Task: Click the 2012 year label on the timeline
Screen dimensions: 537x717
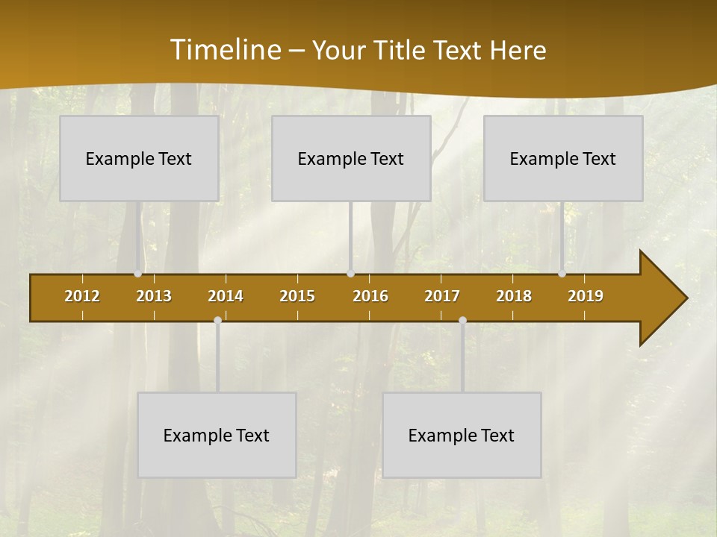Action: click(x=82, y=296)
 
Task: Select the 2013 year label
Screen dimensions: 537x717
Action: click(x=154, y=296)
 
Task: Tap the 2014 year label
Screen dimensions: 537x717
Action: click(x=226, y=296)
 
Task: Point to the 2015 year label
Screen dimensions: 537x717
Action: click(x=297, y=296)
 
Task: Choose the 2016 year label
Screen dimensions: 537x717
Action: click(x=370, y=296)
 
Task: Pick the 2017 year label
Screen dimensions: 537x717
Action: click(x=442, y=296)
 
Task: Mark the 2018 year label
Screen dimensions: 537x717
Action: click(x=514, y=296)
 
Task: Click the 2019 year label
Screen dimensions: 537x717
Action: click(x=586, y=296)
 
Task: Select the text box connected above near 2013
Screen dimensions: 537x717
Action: click(x=139, y=158)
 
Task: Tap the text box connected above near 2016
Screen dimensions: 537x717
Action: click(x=351, y=158)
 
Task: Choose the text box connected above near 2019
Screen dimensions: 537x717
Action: click(x=563, y=158)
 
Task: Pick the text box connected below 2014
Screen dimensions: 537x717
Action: click(x=217, y=435)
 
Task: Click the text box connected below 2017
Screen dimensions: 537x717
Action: click(x=462, y=435)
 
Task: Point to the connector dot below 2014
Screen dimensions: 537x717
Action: click(x=217, y=320)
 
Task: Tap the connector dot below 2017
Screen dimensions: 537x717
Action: click(x=462, y=320)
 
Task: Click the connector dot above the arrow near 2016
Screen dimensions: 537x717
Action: click(x=350, y=274)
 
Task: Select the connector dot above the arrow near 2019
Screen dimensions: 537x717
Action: click(x=562, y=274)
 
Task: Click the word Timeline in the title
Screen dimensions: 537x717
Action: click(x=226, y=50)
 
